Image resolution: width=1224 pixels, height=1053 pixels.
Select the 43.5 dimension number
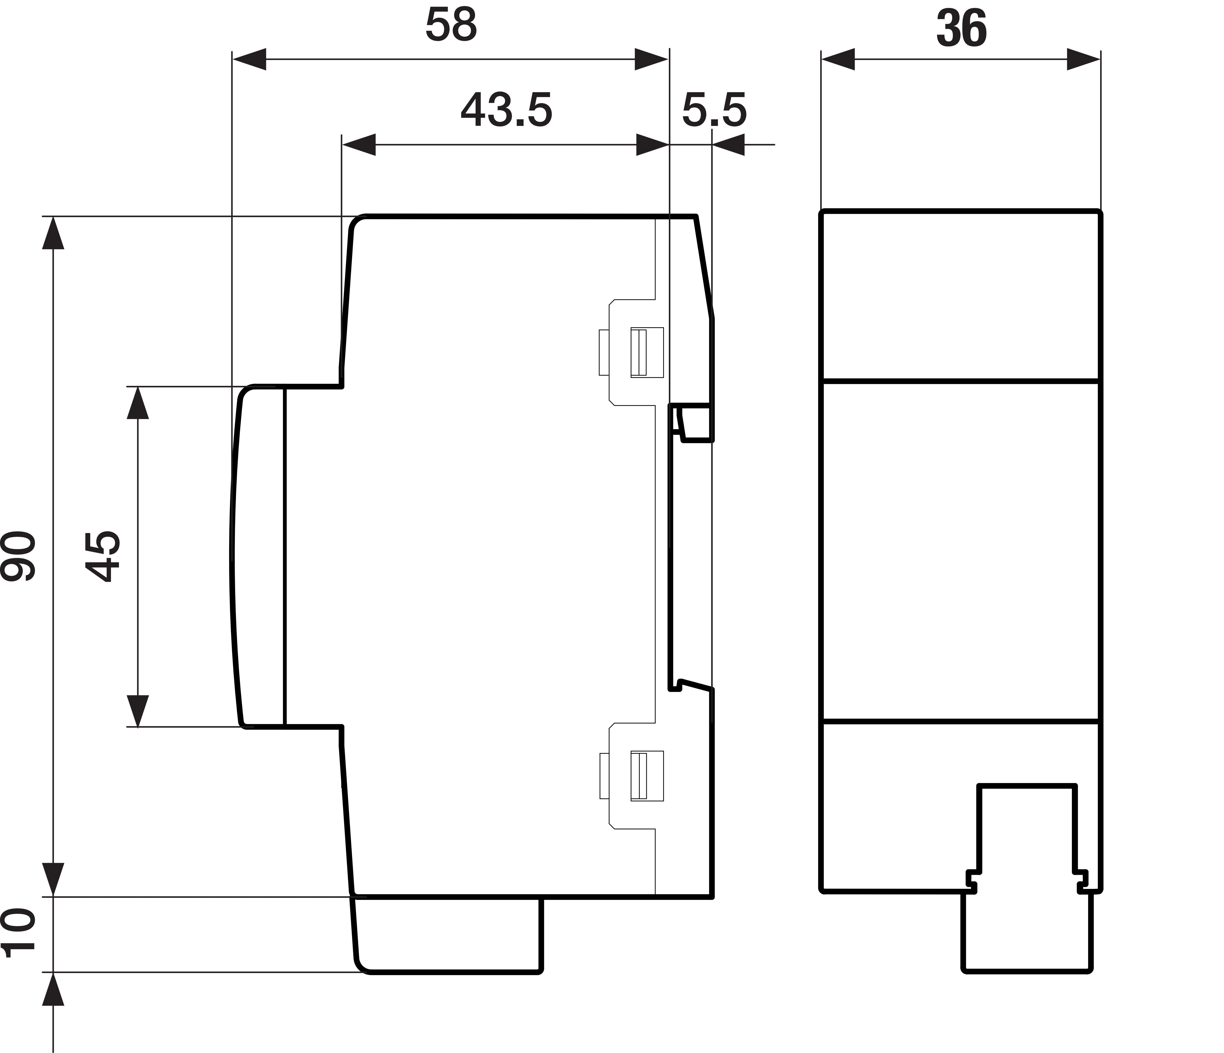coord(506,110)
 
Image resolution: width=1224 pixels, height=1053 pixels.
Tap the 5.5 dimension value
coord(714,110)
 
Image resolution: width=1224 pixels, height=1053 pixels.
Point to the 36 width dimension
coord(961,29)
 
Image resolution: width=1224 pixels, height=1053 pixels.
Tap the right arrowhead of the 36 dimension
coord(1083,59)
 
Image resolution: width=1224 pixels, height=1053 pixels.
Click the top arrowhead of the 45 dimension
coord(138,403)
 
